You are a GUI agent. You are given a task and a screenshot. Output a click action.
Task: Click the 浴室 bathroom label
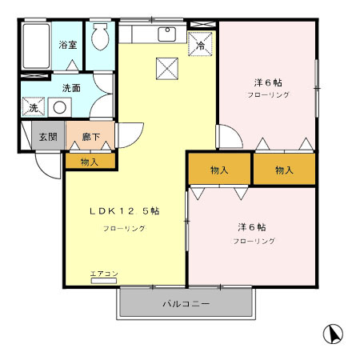68,45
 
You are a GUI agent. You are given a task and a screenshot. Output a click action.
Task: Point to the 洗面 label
71,87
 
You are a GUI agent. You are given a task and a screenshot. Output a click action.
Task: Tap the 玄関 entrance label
48,137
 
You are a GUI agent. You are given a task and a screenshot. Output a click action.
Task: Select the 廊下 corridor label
90,137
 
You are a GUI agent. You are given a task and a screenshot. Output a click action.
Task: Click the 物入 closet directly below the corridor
90,162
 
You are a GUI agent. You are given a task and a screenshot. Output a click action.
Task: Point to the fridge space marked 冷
200,44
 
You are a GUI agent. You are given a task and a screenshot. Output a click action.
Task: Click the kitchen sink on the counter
168,34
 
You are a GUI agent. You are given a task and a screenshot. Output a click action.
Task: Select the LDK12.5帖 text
124,211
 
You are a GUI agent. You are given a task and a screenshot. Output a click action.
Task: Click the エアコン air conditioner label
104,274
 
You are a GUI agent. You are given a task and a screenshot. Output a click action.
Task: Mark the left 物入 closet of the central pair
219,170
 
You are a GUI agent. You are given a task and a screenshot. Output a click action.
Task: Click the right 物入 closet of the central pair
284,170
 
